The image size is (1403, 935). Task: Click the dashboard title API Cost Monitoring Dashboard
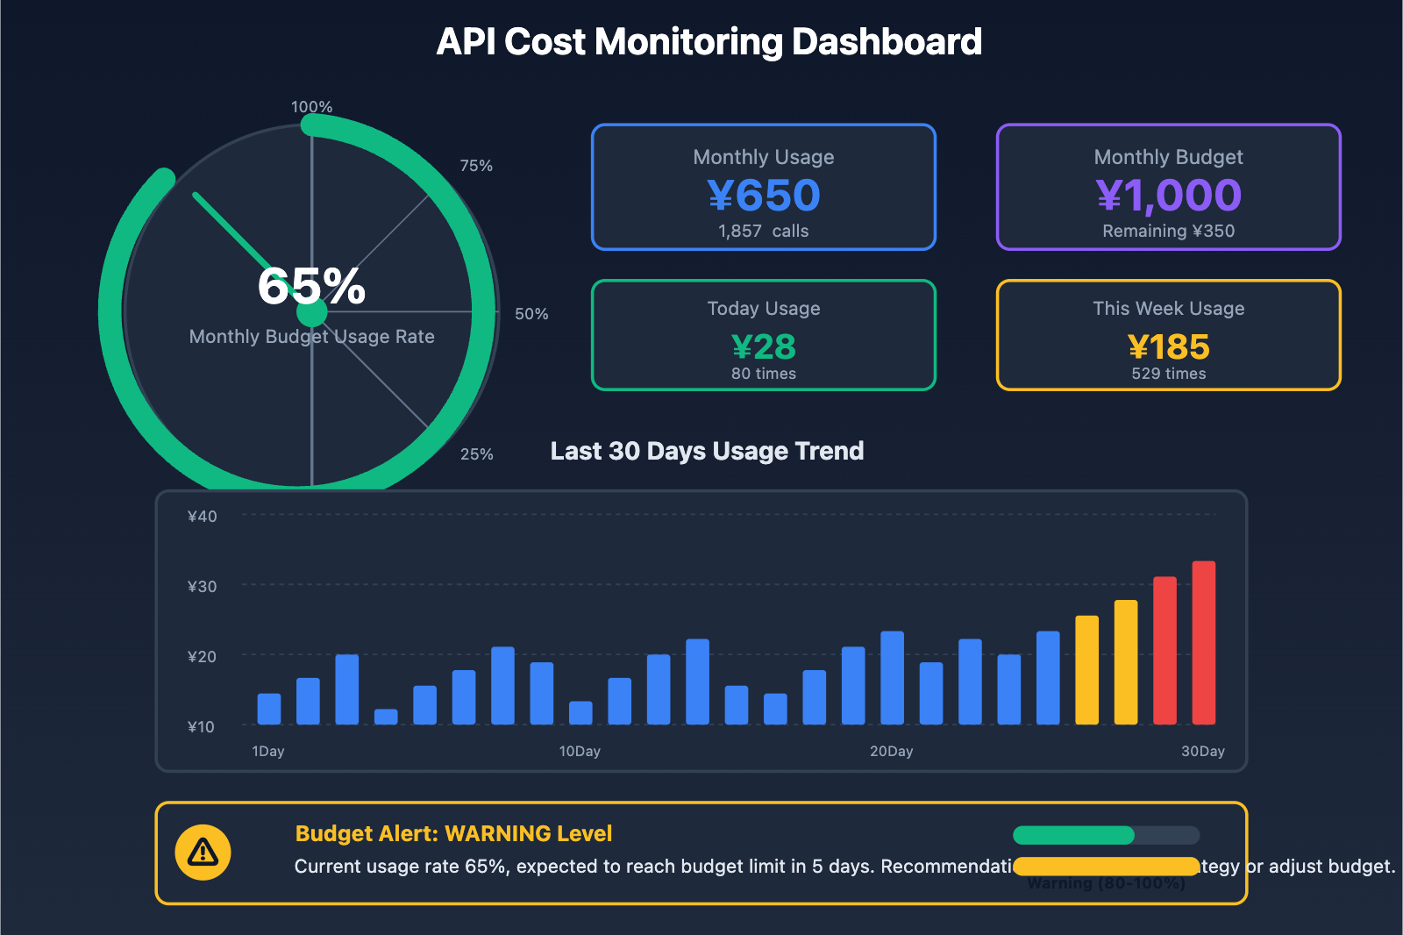(709, 42)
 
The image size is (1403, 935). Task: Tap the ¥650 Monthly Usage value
(763, 196)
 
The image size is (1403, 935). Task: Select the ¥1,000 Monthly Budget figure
(1168, 196)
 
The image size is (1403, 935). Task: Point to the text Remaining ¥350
(1168, 232)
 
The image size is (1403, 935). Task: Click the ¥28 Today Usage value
(763, 347)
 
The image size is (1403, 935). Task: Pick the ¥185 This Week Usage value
(1168, 347)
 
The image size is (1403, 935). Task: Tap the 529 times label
(1168, 374)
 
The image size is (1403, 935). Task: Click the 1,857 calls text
(763, 232)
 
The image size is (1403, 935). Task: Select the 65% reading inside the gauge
(311, 286)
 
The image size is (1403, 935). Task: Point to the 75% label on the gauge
(476, 166)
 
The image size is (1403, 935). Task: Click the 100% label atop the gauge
(311, 107)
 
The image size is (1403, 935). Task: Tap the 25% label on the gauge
(476, 454)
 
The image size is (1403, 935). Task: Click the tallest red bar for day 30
(1203, 643)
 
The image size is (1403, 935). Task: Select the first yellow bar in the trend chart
(1086, 670)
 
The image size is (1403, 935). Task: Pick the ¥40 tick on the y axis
(202, 517)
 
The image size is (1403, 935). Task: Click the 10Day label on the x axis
(580, 752)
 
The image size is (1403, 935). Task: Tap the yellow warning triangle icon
(203, 852)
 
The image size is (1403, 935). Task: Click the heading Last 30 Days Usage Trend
(707, 451)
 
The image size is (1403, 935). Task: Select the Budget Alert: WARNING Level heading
(453, 833)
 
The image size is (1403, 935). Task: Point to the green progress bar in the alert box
(1073, 835)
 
